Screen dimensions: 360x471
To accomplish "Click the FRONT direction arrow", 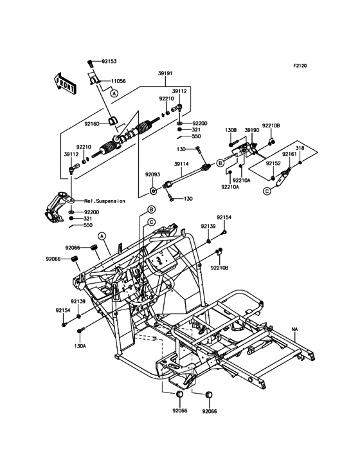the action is click(x=65, y=84).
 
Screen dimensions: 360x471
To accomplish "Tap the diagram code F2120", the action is click(x=300, y=66).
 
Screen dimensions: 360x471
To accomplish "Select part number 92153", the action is click(x=109, y=62).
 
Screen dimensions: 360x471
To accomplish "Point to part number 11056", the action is click(x=118, y=81).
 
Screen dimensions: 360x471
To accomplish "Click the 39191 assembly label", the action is click(x=166, y=73).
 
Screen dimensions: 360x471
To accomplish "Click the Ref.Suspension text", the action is click(x=105, y=201).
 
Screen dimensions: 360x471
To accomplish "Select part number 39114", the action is click(x=181, y=163).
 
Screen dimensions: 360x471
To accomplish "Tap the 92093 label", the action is click(x=153, y=174).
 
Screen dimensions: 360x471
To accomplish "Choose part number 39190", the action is click(x=252, y=130).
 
